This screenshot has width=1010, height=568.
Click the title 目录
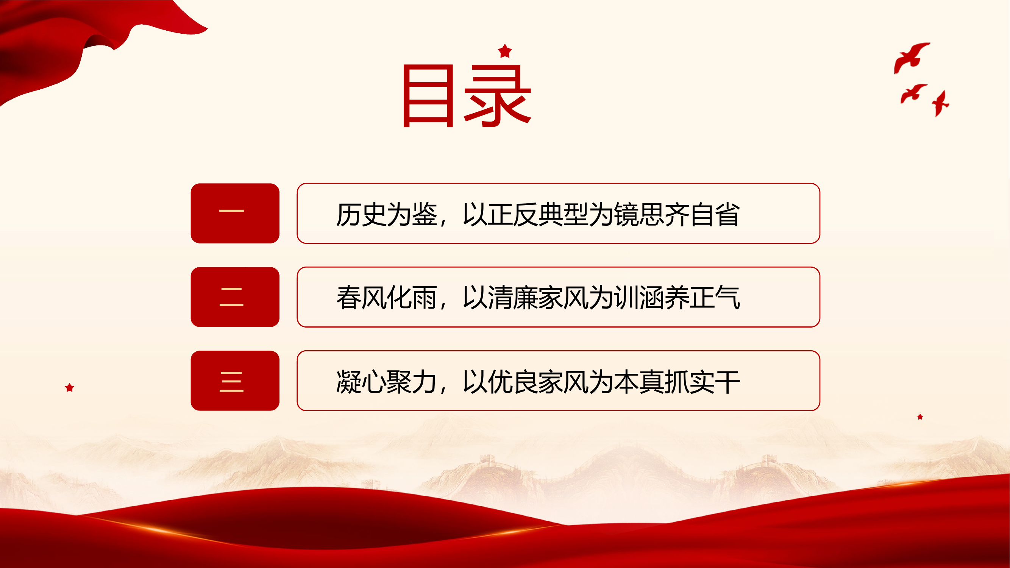coord(467,96)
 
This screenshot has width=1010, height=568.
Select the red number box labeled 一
coord(235,213)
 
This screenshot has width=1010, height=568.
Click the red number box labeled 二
coord(235,297)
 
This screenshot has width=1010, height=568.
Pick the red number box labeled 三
coord(235,381)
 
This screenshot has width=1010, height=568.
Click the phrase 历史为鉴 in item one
coord(386,214)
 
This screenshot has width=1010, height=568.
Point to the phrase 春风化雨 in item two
coord(386,298)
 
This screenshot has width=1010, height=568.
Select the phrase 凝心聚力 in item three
coord(386,382)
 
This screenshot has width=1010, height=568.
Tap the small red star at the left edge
coord(69,388)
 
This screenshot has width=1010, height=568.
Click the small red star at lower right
coord(920,417)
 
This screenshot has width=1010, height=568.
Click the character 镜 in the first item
coord(626,214)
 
